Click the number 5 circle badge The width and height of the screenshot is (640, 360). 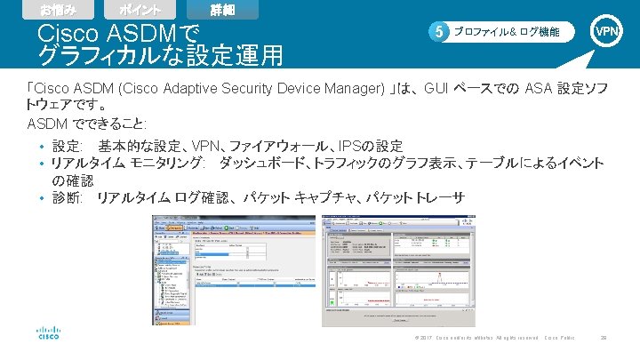437,32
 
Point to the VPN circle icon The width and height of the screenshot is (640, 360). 608,31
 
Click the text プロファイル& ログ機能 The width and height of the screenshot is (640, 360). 507,32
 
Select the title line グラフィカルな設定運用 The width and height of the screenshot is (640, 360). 160,56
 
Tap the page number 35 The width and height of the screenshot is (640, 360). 604,339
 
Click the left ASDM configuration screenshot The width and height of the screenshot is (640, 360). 233,268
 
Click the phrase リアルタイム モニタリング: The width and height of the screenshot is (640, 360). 128,164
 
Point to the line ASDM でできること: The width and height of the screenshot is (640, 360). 87,123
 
